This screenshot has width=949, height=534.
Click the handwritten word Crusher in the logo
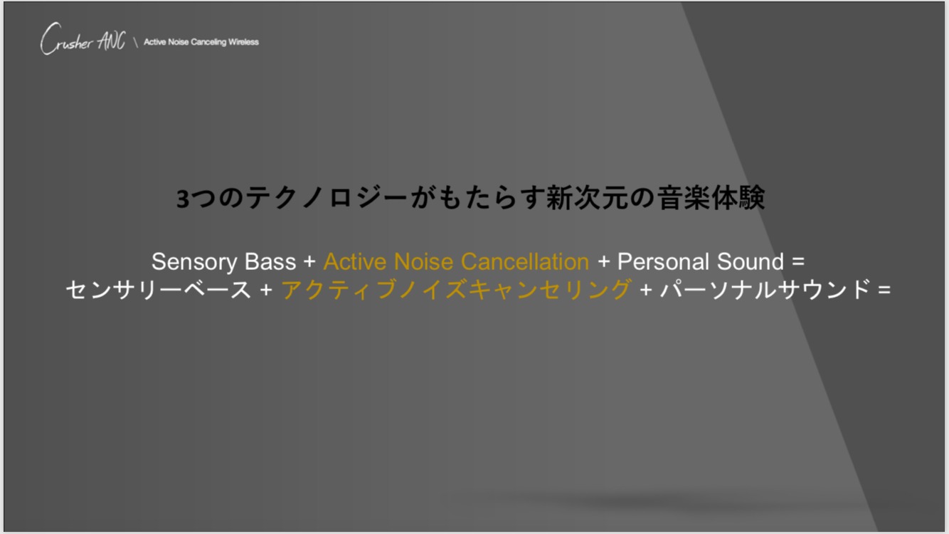(x=66, y=38)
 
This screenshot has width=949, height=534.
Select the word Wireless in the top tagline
(x=243, y=42)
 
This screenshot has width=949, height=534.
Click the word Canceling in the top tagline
(x=208, y=43)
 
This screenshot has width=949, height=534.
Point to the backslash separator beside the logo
(x=136, y=43)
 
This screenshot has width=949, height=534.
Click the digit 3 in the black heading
(x=182, y=199)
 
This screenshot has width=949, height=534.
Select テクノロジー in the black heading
(x=327, y=198)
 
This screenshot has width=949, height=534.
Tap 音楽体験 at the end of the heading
(x=711, y=198)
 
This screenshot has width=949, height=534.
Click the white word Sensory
(x=194, y=263)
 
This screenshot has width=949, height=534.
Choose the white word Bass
(x=270, y=262)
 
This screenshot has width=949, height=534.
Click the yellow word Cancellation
(x=525, y=262)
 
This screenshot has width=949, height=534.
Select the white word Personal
(x=663, y=262)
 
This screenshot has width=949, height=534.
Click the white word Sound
(x=751, y=262)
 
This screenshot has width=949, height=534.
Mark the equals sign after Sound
(x=798, y=262)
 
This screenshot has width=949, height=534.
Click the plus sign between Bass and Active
(x=309, y=262)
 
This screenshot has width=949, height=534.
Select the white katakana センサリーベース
(x=159, y=290)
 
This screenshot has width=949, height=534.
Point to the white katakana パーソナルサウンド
(x=765, y=290)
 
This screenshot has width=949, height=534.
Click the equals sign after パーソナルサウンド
(x=884, y=290)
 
